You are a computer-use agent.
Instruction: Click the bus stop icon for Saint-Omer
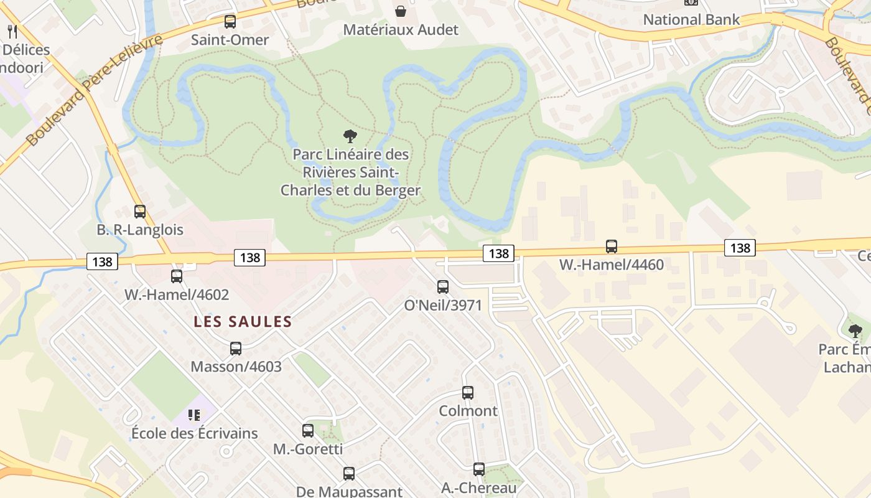[230, 22]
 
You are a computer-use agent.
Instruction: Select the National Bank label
[691, 19]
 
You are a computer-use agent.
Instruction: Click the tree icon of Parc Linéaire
[350, 136]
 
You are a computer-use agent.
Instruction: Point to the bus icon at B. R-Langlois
[140, 212]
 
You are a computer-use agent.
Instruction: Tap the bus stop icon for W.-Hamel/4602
[177, 276]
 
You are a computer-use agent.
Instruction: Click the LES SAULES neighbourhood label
[242, 322]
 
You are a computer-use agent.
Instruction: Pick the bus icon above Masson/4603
[236, 349]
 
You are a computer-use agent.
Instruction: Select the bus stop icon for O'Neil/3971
[443, 287]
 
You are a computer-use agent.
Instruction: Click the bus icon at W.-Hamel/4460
[612, 247]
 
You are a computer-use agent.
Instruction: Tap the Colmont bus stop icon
[468, 393]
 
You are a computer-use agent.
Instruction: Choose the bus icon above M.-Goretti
[308, 431]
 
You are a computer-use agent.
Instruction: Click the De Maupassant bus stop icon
[349, 474]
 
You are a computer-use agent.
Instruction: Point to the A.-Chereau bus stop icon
[479, 469]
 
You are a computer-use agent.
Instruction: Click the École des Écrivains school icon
[194, 415]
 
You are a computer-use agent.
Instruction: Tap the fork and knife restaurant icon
[12, 31]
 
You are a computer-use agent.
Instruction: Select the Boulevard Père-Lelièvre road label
[93, 90]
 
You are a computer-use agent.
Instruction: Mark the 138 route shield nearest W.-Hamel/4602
[102, 261]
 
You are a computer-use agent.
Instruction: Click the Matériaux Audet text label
[401, 29]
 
